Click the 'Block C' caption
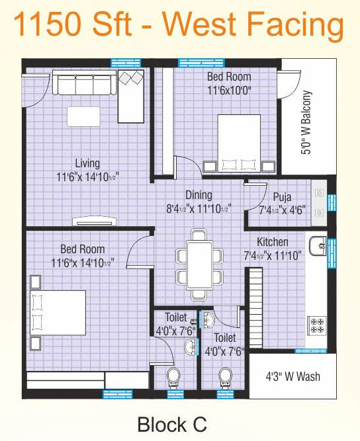coord(172,424)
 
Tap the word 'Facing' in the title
coord(295,26)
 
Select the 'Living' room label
coord(87,163)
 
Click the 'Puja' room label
coord(282,198)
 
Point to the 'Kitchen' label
coord(273,241)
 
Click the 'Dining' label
coord(199,195)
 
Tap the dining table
coord(199,264)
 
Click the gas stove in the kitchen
coord(317,325)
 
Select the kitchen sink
coord(318,246)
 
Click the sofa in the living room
coord(85,83)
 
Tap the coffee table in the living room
coord(83,116)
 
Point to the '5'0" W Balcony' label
coord(306,122)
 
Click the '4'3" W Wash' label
coord(292,376)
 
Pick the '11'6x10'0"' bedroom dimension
coord(229,91)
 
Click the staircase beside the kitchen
coord(256,307)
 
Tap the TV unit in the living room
coord(94,221)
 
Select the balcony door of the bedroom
coord(288,85)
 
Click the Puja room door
coord(255,196)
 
